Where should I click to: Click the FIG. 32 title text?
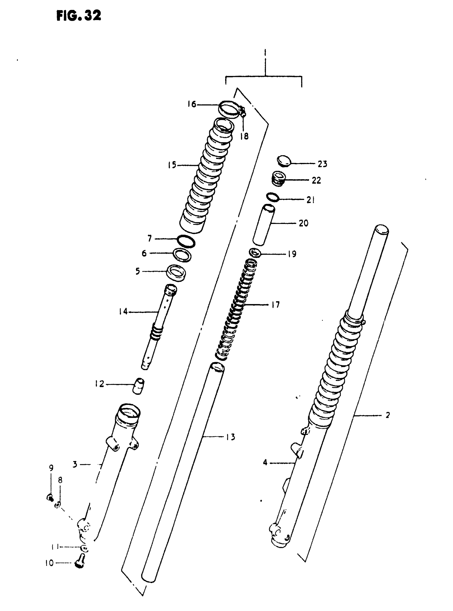pyautogui.click(x=79, y=16)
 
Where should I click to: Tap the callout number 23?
pyautogui.click(x=322, y=164)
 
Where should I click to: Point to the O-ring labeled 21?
pyautogui.click(x=273, y=197)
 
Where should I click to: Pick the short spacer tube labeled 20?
pyautogui.click(x=264, y=225)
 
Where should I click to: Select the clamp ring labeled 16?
pyautogui.click(x=229, y=109)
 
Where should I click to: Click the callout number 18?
pyautogui.click(x=244, y=136)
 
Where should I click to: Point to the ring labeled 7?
pyautogui.click(x=186, y=241)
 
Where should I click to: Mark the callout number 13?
pyautogui.click(x=231, y=437)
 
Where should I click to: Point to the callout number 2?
pyautogui.click(x=387, y=415)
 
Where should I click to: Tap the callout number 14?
pyautogui.click(x=123, y=311)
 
